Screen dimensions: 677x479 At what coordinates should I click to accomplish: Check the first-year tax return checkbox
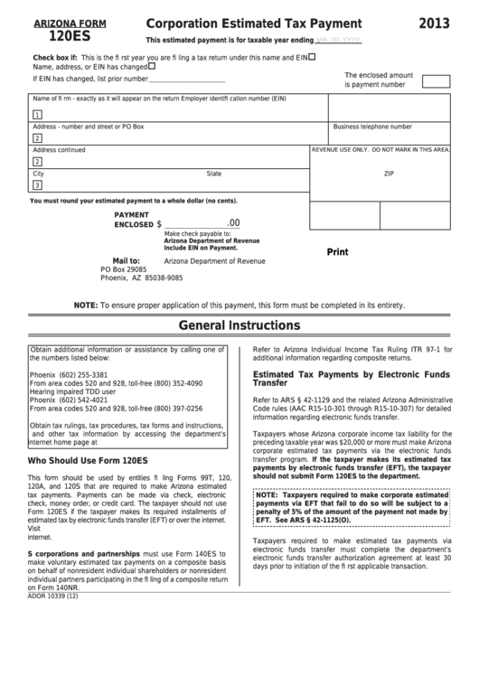pos(312,57)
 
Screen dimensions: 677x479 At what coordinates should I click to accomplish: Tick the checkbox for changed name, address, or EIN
pos(151,65)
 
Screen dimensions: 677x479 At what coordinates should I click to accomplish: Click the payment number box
pos(436,81)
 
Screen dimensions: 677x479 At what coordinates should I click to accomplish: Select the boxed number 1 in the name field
pos(37,115)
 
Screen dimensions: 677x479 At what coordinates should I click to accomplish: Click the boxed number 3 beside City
pos(37,185)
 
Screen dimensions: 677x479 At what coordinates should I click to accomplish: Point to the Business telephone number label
pos(372,127)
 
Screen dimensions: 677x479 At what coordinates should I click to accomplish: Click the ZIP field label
pos(389,173)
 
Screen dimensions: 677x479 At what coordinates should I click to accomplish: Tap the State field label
pos(213,173)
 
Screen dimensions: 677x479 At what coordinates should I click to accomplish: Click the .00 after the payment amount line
pos(233,222)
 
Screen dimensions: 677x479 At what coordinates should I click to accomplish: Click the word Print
pos(337,252)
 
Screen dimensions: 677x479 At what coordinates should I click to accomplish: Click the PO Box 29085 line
pos(123,269)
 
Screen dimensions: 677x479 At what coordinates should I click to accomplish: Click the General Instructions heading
pos(239,325)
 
